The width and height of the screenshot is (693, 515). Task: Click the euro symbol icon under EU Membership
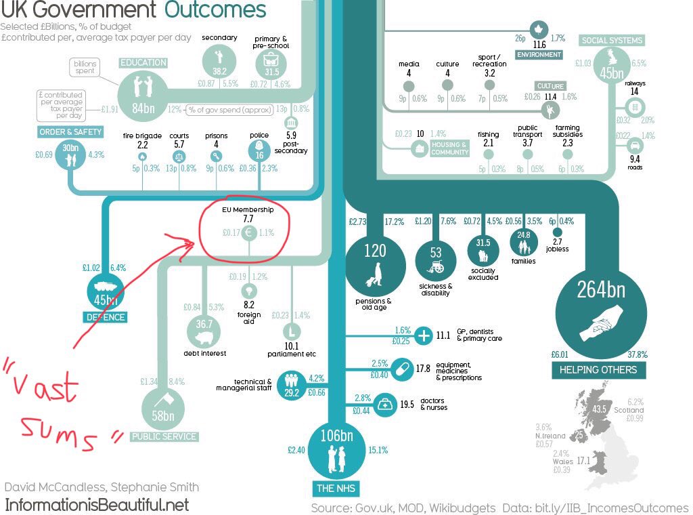coord(248,232)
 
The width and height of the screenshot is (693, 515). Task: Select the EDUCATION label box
coord(143,63)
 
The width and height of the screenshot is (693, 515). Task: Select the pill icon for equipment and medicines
coord(402,369)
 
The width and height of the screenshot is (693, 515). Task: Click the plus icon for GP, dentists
coord(424,335)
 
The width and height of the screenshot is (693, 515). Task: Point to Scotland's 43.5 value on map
coord(599,409)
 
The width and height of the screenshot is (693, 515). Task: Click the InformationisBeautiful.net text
coord(97,505)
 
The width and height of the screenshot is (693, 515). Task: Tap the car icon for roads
coord(635,145)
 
